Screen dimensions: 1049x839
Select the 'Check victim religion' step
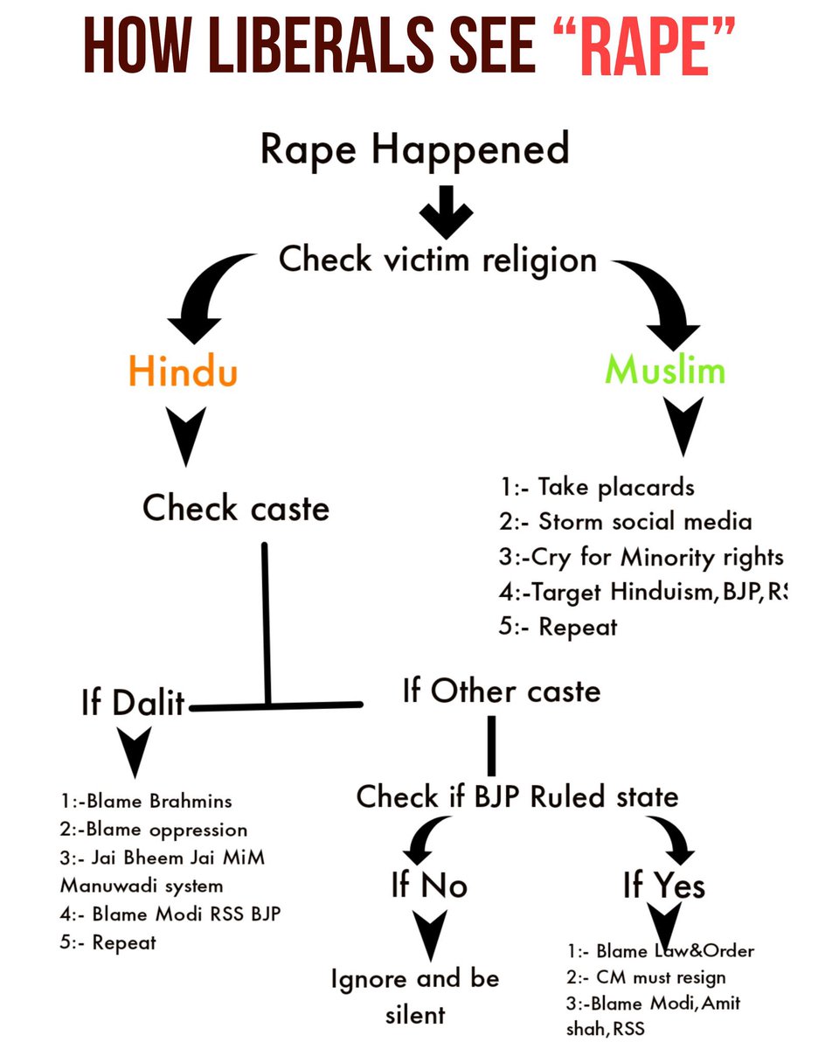[437, 259]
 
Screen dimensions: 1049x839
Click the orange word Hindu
[183, 372]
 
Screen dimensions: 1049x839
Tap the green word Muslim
[665, 371]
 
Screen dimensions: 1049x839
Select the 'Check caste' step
[236, 508]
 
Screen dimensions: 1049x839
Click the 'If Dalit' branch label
[133, 702]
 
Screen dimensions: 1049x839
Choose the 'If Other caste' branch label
[502, 691]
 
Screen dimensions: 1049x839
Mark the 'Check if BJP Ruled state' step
[517, 796]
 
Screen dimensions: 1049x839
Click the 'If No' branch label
[429, 886]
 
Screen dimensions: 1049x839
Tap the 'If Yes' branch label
[663, 886]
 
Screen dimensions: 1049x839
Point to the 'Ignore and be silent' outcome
[415, 996]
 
